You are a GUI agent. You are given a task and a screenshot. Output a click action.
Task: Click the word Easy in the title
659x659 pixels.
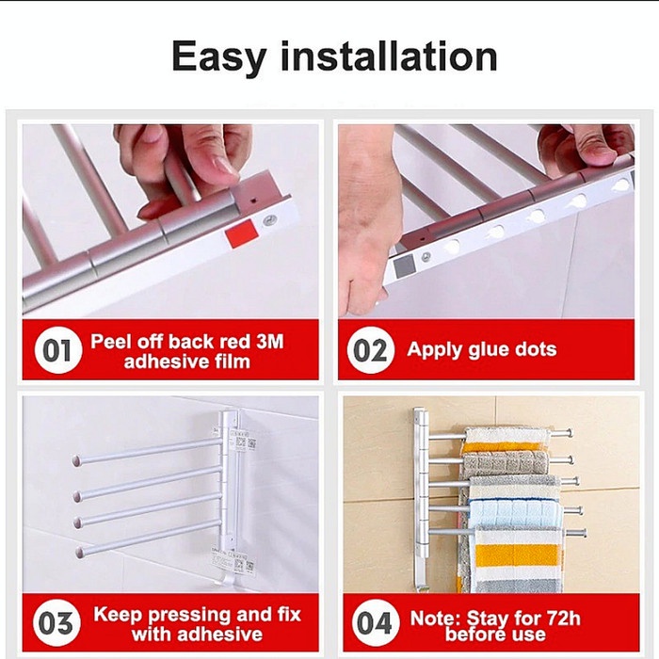point(219,57)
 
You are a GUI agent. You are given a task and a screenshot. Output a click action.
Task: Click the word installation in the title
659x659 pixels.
point(389,56)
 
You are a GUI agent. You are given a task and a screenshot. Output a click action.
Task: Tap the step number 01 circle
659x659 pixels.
point(57,349)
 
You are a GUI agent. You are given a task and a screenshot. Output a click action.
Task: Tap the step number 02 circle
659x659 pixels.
point(370,349)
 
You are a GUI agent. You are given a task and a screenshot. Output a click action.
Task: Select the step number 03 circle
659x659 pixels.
point(56,623)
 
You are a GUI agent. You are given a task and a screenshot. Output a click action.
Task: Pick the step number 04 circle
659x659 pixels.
point(376,623)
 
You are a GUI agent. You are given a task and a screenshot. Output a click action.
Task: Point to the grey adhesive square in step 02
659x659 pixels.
point(404,266)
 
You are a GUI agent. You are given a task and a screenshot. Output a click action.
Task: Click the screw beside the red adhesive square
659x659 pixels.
point(269,219)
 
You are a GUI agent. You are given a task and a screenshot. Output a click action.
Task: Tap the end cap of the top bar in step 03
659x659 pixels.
point(76,460)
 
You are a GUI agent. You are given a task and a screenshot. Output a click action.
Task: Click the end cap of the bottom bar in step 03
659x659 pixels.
point(79,552)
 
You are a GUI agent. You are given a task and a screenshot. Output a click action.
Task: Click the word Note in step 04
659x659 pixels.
point(435,619)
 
